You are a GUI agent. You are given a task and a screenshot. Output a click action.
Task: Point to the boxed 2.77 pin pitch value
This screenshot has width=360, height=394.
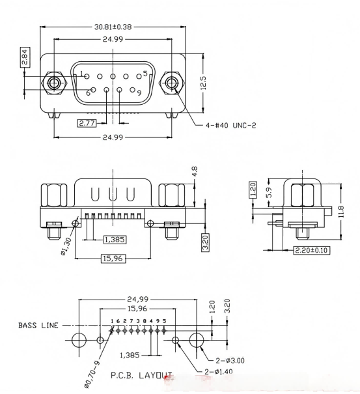(87, 122)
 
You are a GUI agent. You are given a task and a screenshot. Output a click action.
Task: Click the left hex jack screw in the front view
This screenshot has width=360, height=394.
(53, 83)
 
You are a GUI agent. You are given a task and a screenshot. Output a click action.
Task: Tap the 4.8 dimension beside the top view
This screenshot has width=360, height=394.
(195, 171)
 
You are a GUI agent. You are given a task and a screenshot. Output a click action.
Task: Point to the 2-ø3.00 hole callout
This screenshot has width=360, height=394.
(230, 359)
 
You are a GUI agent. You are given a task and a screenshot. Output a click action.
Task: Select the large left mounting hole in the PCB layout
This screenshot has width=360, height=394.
(79, 340)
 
